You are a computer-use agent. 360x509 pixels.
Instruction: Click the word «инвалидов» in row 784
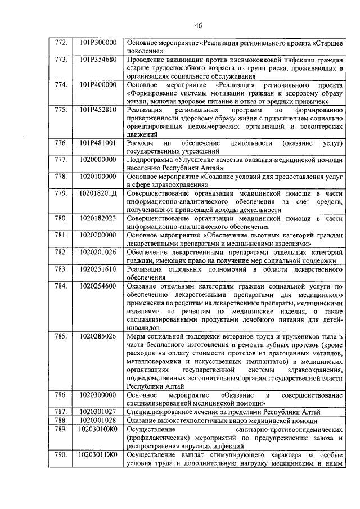[x=143, y=327]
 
